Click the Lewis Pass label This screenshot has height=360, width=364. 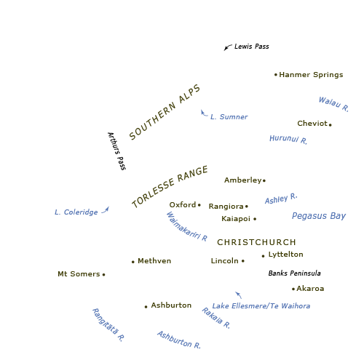click(x=252, y=47)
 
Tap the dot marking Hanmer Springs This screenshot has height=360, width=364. click(x=276, y=75)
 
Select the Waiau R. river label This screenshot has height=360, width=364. click(x=333, y=104)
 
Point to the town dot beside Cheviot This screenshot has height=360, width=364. click(x=331, y=125)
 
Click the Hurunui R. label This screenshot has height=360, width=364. click(x=288, y=139)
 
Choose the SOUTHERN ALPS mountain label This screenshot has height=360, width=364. click(x=165, y=112)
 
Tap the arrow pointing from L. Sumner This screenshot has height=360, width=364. click(x=204, y=113)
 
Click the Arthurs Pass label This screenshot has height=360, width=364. click(x=116, y=151)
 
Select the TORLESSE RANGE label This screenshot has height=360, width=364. click(x=170, y=186)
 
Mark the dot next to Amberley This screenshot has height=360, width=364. click(x=264, y=180)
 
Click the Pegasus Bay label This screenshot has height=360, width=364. click(x=319, y=216)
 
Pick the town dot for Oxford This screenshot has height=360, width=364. click(x=199, y=205)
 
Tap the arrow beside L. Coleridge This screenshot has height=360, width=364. click(x=106, y=210)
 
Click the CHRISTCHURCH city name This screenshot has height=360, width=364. click(x=256, y=242)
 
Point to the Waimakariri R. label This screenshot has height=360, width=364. click(x=187, y=227)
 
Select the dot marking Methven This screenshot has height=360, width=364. click(x=133, y=262)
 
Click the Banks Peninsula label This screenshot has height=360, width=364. click(x=294, y=273)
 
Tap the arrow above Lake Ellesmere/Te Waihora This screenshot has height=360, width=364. click(x=239, y=295)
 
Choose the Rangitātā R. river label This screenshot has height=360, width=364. click(x=108, y=325)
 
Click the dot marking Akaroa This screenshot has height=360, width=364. click(x=293, y=289)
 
